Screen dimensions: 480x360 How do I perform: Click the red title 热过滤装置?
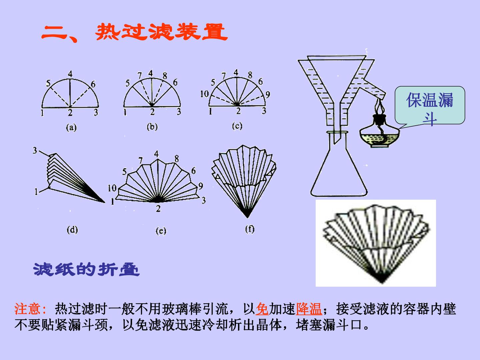tap(161, 32)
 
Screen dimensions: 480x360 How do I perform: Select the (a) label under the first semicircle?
tap(71, 127)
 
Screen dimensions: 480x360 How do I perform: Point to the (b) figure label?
tap(152, 127)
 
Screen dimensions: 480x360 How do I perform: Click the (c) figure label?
tap(237, 126)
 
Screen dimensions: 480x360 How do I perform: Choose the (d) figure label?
tap(72, 230)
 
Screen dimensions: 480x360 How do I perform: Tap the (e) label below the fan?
tap(161, 231)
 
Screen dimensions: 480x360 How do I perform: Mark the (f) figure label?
tap(250, 229)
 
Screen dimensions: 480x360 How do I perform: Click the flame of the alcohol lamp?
tap(380, 107)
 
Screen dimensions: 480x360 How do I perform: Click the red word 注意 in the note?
tap(27, 309)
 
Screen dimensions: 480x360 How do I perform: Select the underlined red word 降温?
tap(309, 309)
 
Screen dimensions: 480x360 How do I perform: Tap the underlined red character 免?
tap(262, 309)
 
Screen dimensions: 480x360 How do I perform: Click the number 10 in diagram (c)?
tap(205, 94)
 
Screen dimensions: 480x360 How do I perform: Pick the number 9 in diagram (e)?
tap(201, 186)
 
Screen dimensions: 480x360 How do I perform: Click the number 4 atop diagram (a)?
tap(70, 74)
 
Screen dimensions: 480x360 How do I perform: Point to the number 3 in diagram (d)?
tap(35, 150)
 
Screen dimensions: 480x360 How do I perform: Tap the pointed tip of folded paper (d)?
tap(105, 202)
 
